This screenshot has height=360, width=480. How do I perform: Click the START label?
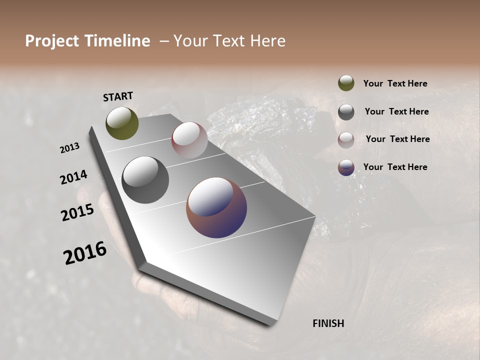point(118,96)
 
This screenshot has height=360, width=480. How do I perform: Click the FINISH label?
point(328,323)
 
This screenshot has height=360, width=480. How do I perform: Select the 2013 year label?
point(70,147)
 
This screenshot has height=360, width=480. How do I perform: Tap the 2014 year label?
point(74,177)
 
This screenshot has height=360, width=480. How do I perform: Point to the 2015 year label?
point(77,212)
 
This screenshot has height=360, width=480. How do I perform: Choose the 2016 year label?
point(85,252)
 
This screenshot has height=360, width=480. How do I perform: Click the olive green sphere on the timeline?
point(122,123)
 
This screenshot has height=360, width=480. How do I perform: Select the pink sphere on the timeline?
point(189,140)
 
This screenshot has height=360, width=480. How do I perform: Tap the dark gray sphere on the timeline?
point(145,180)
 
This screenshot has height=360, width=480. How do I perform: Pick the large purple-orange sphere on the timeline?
point(216,207)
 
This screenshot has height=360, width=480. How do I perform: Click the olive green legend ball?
point(346,83)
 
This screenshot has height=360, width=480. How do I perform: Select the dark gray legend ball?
point(346,112)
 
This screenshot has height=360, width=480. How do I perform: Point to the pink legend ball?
point(346,140)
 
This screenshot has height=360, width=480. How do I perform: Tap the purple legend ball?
point(346,167)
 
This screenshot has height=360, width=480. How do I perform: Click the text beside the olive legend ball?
point(395,83)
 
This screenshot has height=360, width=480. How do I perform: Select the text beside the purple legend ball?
point(395,167)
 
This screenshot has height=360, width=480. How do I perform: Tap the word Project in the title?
point(52,41)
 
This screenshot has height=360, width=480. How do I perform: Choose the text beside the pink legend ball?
point(397,139)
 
